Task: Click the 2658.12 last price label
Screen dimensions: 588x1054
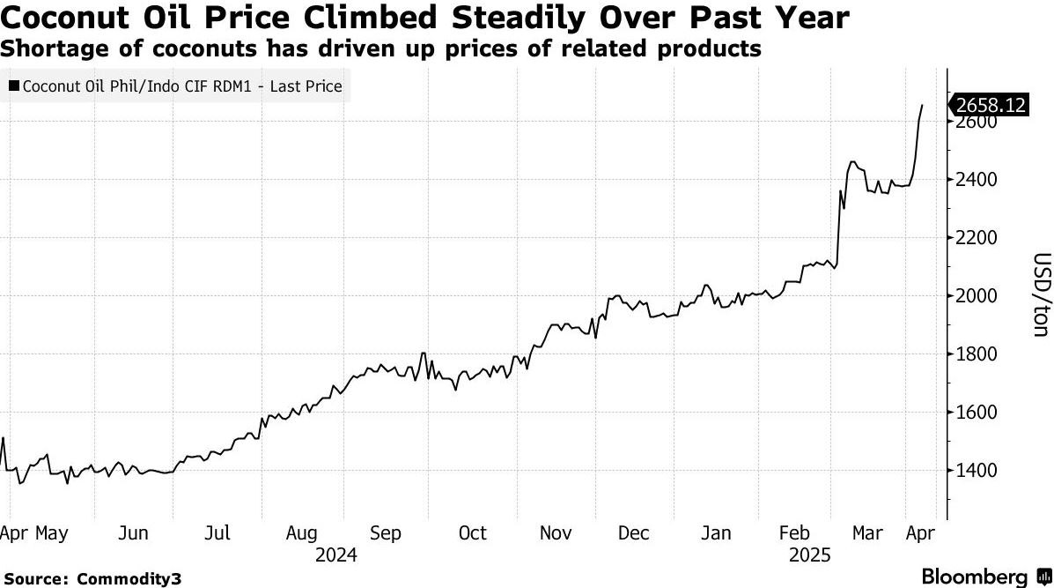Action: coord(991,105)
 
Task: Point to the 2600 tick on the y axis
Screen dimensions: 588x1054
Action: coord(976,123)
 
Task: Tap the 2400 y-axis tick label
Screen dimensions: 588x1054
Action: coord(976,180)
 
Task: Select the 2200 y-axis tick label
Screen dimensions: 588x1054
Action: coord(976,238)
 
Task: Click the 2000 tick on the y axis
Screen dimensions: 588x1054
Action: coord(976,296)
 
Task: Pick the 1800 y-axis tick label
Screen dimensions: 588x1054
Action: coord(976,354)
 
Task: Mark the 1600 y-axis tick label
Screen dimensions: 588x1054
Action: coord(976,412)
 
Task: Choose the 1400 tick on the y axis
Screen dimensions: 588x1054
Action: coord(976,470)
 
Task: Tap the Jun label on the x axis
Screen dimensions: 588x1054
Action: coord(133,533)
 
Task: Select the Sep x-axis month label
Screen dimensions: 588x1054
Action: coord(385,533)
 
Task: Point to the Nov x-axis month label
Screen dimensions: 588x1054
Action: coord(556,533)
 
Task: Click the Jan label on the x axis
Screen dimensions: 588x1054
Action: coord(716,533)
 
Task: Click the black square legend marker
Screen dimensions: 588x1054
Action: coord(15,86)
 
